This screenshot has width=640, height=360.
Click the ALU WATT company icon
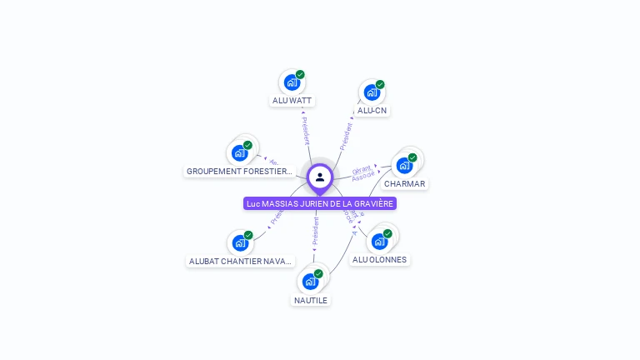click(292, 82)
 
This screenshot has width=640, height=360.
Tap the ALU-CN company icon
click(372, 92)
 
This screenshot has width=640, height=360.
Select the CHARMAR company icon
click(404, 165)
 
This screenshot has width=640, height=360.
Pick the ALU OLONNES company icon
click(380, 242)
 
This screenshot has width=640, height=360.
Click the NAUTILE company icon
click(311, 282)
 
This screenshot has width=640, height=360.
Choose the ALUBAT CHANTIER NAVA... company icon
click(240, 242)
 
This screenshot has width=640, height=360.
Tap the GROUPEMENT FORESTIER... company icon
click(240, 152)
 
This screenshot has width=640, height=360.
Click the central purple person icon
click(320, 177)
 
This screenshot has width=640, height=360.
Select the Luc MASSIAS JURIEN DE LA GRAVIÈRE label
click(320, 203)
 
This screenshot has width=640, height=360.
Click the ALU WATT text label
click(292, 101)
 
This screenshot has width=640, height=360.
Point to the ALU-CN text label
click(372, 111)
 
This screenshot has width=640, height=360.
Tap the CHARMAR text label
click(404, 184)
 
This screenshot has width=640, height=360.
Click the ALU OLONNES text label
click(380, 260)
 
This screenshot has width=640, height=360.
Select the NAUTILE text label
click(311, 300)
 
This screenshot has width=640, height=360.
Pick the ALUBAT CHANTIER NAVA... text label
click(241, 261)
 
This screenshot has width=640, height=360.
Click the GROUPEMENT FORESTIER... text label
click(240, 172)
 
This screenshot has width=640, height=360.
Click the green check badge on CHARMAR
click(412, 157)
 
